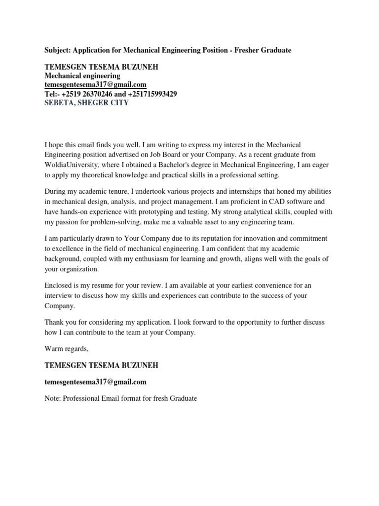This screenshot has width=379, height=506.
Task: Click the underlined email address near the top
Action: click(x=95, y=85)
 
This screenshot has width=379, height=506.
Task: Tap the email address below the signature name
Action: click(x=95, y=381)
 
